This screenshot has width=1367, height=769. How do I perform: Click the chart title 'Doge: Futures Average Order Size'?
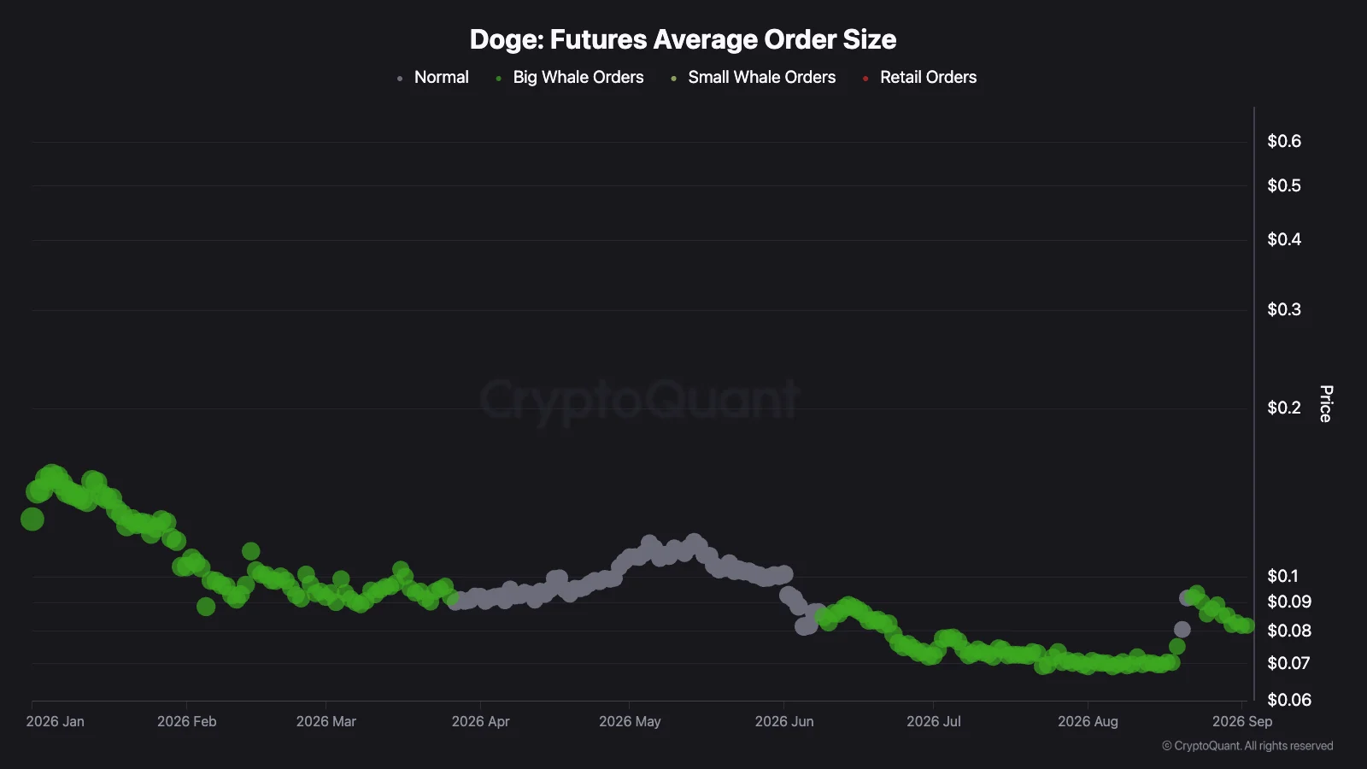[x=683, y=39]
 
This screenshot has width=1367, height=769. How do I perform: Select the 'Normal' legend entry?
[x=433, y=78]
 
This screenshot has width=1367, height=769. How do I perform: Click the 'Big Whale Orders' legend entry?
[x=570, y=78]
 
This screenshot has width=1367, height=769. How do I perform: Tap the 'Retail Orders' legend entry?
[x=919, y=78]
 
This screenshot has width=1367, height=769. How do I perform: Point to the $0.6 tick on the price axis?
[x=1284, y=141]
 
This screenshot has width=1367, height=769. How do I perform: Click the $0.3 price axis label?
[x=1284, y=309]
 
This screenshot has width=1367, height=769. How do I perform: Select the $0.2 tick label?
[x=1284, y=408]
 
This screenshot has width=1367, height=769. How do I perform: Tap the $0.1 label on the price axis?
[x=1282, y=576]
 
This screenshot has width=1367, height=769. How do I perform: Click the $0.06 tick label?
[x=1289, y=700]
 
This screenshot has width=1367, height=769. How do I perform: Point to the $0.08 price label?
[x=1289, y=631]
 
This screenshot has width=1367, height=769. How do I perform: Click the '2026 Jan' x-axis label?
[x=55, y=721]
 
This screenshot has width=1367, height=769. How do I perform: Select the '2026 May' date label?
[x=630, y=721]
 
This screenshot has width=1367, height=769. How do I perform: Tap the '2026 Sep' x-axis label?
[x=1242, y=721]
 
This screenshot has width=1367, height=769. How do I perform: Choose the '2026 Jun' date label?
[x=784, y=721]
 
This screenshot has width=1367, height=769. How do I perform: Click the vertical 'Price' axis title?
[x=1325, y=403]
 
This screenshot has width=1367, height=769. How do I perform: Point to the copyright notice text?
[x=1247, y=746]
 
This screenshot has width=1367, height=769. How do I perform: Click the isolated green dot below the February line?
[x=206, y=606]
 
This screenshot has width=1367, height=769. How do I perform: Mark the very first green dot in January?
[x=32, y=519]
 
